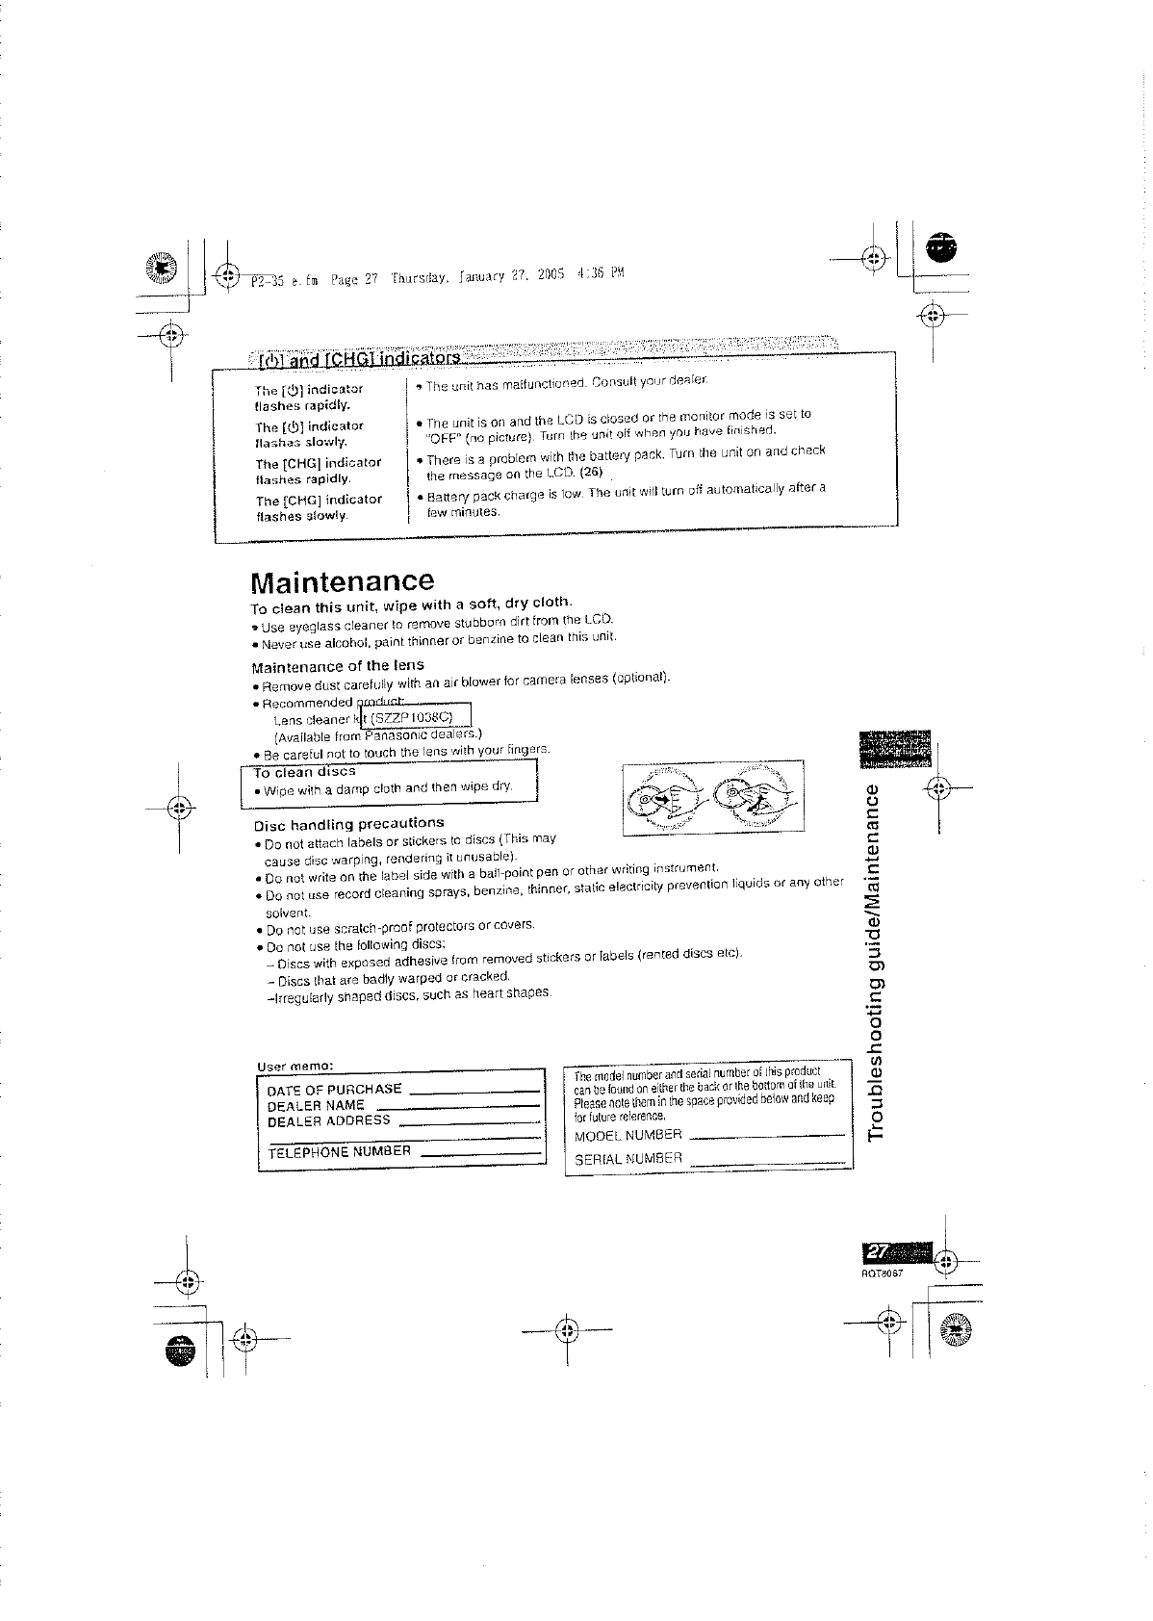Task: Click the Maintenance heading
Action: coord(342,581)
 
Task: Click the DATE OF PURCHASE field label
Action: coord(334,1090)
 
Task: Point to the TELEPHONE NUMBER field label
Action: coord(339,1151)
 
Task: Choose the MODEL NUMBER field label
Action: coord(628,1136)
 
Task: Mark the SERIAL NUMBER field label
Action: coord(628,1159)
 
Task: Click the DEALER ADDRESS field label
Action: coord(328,1121)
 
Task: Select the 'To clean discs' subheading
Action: coord(304,772)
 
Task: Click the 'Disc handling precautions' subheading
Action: coord(348,824)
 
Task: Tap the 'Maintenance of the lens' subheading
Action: coord(337,666)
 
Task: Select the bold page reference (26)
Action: coord(591,472)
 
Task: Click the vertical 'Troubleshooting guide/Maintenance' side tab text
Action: coord(876,963)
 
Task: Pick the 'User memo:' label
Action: coord(295,1067)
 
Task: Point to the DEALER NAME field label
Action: coord(315,1106)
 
